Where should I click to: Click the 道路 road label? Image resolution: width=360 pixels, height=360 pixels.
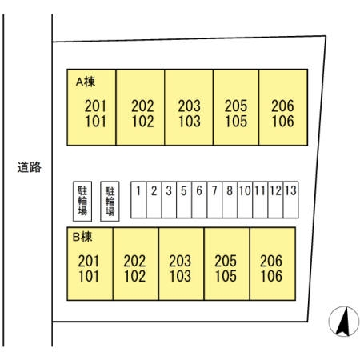pos(29,167)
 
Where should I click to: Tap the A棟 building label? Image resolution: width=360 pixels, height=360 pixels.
pos(86,82)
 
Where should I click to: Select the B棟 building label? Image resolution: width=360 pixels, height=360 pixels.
pos(82,237)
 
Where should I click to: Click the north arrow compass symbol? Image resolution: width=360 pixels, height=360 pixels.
pos(344,321)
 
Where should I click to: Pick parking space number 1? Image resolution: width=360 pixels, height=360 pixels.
pos(138,200)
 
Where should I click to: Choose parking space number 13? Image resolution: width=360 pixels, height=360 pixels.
pos(290,200)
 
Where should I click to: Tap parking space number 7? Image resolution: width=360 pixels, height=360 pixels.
pos(214,200)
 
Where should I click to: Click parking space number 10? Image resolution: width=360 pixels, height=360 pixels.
pos(245,200)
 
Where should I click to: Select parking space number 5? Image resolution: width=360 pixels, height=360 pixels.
pos(184,200)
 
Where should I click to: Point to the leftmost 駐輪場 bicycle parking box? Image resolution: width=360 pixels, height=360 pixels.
pos(82,202)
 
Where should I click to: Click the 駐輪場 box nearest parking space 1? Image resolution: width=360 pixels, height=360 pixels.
pos(110,202)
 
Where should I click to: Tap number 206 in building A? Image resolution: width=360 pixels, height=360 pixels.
pos(282,106)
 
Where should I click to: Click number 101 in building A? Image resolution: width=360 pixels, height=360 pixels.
pos(95,122)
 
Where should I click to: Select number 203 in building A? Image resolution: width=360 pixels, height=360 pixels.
pos(190,106)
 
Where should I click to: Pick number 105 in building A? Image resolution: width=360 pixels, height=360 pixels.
pos(236,122)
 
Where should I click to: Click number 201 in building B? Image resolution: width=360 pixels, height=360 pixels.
pos(89,261)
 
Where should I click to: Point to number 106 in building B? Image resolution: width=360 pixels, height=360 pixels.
pos(271,276)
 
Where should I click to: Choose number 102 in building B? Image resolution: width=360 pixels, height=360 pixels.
pos(134,276)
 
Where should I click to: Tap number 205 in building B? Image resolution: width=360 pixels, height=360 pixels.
pos(226,261)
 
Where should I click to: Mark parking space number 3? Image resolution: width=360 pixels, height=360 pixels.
pos(169,200)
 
